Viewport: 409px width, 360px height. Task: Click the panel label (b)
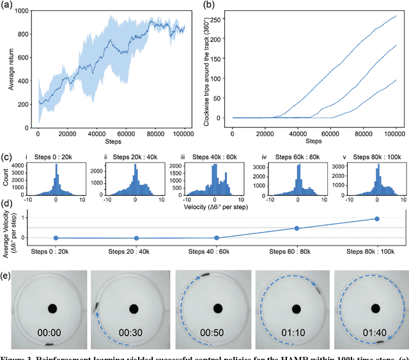click(x=208, y=4)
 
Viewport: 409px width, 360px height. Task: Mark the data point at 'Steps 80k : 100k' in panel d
click(x=377, y=219)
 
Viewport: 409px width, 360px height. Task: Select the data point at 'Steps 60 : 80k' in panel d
click(x=297, y=228)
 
